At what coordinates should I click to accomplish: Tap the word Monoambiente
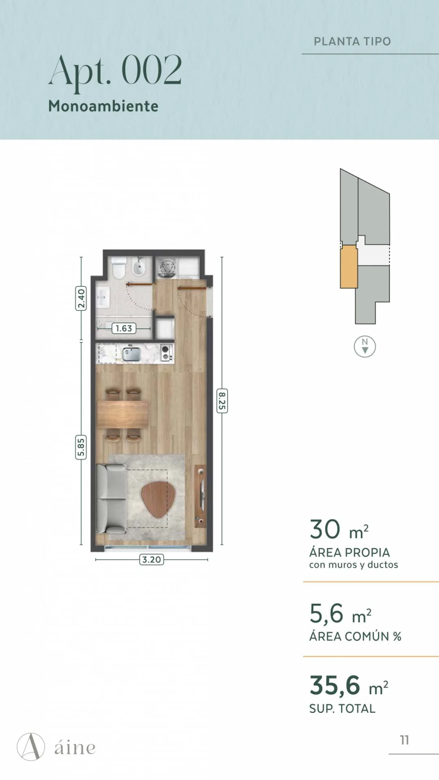pos(103,106)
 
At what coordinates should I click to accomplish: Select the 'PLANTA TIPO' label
pos(352,41)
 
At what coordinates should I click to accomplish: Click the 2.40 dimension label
pos(81,298)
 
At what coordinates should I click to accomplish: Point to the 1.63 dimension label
pos(124,328)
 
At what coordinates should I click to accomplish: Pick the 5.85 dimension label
pos(81,447)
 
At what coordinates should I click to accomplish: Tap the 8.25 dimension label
pos(222,401)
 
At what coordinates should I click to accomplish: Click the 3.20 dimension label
pos(152,559)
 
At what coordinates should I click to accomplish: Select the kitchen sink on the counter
pos(132,353)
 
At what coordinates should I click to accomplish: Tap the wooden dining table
pos(123,414)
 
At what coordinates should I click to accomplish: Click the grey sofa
pos(111,499)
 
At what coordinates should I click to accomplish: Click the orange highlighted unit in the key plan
pos(349,267)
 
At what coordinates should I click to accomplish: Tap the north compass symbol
pos(365,347)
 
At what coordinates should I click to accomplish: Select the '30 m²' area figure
pos(339,530)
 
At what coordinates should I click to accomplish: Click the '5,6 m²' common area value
pos(340,613)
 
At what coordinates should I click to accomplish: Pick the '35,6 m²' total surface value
pos(349,686)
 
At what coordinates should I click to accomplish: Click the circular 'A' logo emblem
pos(31,747)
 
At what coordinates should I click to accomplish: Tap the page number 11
pos(404,740)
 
